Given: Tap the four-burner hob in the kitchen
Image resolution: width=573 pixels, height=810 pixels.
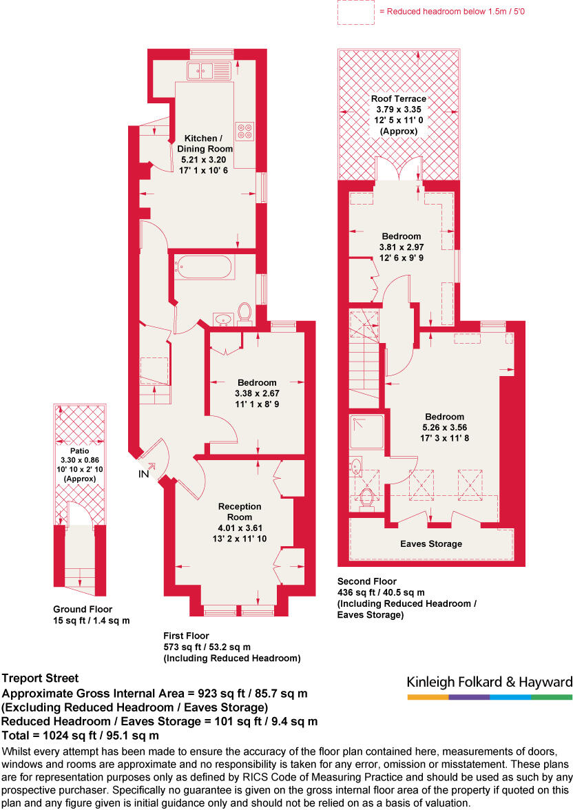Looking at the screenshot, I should (x=244, y=130).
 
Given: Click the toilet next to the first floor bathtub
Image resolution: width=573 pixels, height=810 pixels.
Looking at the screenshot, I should (x=244, y=314).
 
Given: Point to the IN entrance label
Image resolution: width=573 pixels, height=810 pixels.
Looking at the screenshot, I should (x=143, y=475).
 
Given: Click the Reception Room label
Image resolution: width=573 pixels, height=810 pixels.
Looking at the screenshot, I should (x=240, y=512).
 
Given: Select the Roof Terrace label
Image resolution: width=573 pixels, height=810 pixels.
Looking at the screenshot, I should (x=399, y=98).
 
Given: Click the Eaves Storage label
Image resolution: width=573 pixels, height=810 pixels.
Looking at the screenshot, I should (x=432, y=543).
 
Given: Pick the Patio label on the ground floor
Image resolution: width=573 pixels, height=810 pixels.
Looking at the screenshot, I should (x=81, y=451).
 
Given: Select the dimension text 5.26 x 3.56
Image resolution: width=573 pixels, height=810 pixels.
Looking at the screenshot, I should (x=444, y=427).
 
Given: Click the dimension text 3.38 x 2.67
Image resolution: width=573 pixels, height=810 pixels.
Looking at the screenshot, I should (x=257, y=393).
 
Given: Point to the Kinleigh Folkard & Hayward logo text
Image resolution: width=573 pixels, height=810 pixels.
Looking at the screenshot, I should (x=489, y=682).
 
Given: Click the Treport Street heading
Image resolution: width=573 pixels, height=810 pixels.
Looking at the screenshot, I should (x=41, y=678).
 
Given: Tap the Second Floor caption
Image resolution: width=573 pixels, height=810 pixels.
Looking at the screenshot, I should (x=366, y=581).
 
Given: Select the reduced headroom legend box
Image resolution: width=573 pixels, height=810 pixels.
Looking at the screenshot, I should (x=355, y=12).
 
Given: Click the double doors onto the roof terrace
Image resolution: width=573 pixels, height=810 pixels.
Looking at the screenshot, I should (x=399, y=170).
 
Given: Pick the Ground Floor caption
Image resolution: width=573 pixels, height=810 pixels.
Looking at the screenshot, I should (x=83, y=609).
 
